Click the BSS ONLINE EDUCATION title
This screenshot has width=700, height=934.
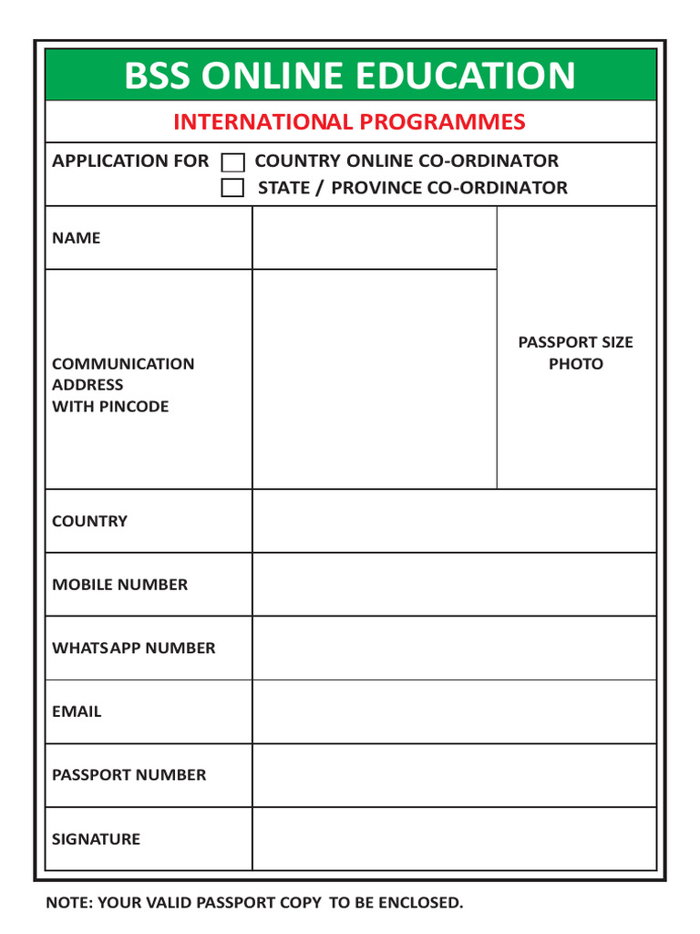[350, 76]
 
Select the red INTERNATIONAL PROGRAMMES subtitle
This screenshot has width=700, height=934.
[350, 122]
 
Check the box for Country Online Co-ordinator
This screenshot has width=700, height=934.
[234, 163]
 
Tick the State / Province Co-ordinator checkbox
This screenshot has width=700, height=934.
[234, 189]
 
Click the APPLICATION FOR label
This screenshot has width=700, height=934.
[130, 161]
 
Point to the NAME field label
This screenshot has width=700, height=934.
[77, 238]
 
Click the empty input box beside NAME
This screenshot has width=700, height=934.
[374, 238]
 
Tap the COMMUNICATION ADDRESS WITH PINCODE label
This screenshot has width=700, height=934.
[123, 385]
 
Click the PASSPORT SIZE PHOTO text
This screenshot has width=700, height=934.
[575, 353]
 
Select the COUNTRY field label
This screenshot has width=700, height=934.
[90, 522]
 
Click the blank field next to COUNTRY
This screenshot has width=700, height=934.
[454, 522]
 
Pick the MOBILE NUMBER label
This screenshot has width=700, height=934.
[120, 585]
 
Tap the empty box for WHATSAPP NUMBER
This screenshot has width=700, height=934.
[454, 649]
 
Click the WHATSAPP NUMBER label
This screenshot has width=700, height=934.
[134, 649]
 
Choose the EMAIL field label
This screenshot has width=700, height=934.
[77, 711]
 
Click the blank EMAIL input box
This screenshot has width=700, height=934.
[454, 711]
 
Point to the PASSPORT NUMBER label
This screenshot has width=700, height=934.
[129, 775]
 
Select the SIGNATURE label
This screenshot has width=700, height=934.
[97, 839]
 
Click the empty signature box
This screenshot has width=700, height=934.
[454, 839]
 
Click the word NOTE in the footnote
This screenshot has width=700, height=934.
[68, 903]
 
